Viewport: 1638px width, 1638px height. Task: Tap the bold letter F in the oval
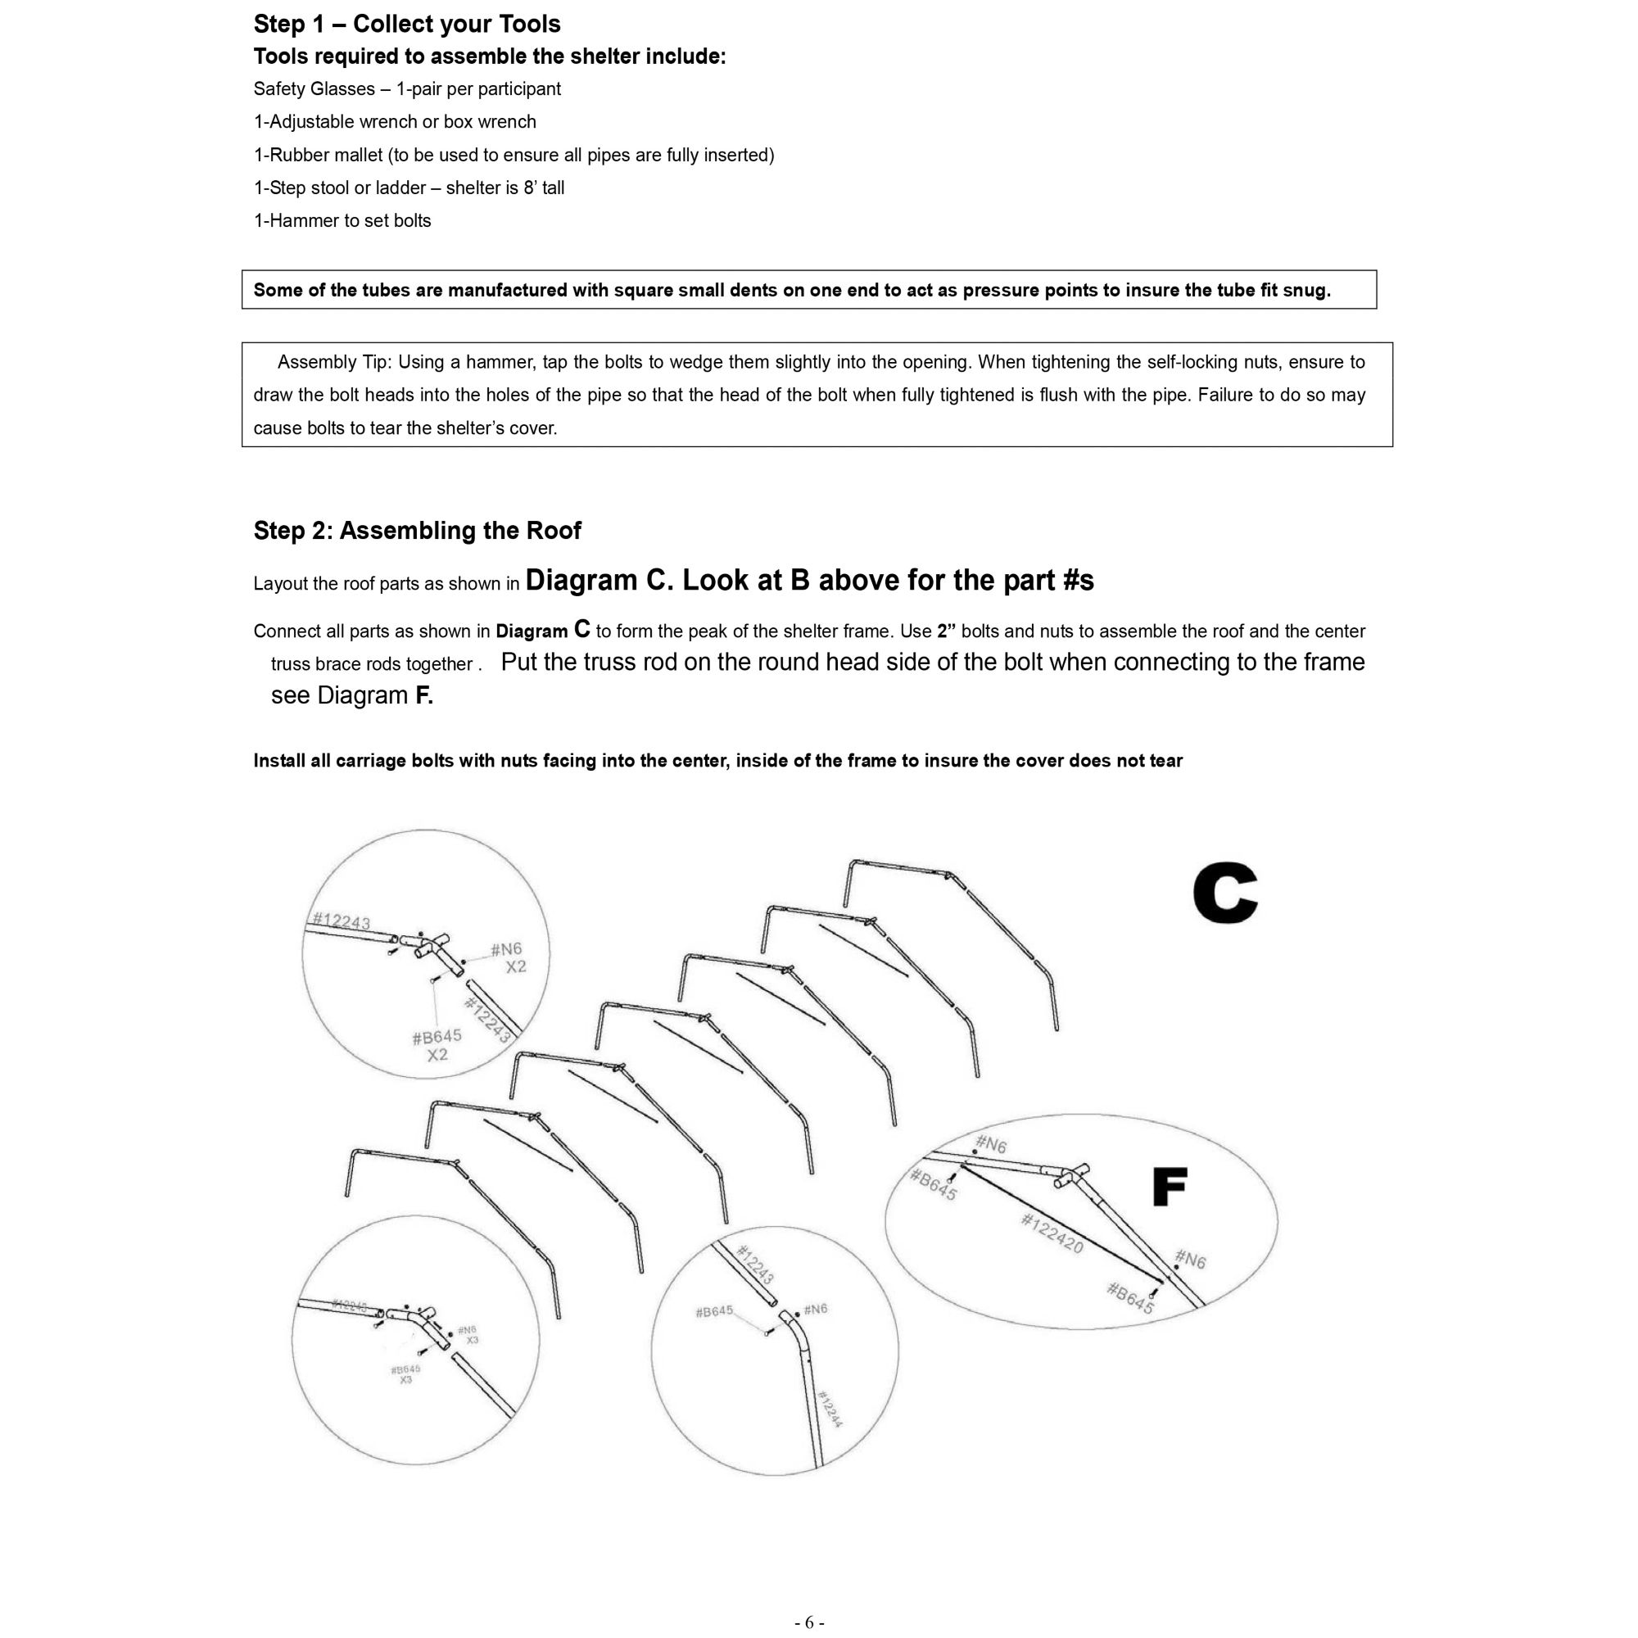click(1170, 1187)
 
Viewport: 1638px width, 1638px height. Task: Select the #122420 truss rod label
click(1052, 1233)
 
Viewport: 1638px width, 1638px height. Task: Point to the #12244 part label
click(830, 1407)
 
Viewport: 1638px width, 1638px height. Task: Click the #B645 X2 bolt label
click(437, 1045)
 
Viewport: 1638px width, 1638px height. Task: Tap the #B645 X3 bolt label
click(405, 1374)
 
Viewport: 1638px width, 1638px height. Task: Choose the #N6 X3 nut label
click(468, 1335)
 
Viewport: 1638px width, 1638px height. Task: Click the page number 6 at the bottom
click(810, 1622)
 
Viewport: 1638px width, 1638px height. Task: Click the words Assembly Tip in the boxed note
click(334, 362)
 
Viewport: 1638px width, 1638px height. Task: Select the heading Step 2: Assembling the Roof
click(417, 531)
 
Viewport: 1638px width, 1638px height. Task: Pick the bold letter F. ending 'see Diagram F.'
click(423, 695)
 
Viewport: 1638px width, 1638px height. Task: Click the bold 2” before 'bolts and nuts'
click(946, 631)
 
